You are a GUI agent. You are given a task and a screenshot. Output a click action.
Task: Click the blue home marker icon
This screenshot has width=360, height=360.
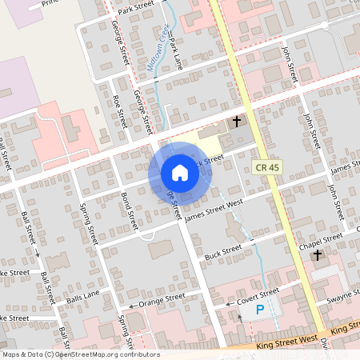click(180, 173)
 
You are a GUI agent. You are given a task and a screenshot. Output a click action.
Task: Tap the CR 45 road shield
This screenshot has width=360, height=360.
click(268, 167)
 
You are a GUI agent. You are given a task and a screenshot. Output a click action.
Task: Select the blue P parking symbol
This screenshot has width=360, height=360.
click(259, 310)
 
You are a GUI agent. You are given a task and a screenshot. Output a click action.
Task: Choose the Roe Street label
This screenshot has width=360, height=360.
click(120, 111)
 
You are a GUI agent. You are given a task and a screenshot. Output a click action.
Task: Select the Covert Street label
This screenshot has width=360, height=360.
click(258, 295)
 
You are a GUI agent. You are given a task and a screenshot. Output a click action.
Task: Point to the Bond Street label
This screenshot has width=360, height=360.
click(128, 206)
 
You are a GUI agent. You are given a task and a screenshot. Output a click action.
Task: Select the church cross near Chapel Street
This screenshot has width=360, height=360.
click(318, 255)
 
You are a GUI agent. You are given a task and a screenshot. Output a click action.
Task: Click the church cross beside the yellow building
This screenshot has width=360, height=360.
click(236, 122)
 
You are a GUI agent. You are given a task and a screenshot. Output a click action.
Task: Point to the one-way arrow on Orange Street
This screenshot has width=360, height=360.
click(130, 306)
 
